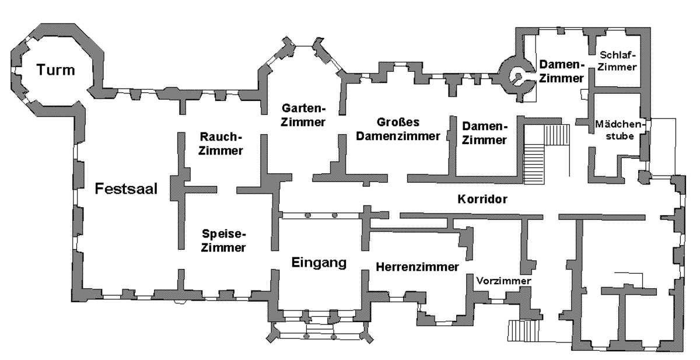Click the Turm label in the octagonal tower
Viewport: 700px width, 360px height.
[56, 69]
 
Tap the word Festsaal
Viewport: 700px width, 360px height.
[126, 188]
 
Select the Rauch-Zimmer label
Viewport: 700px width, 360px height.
[220, 144]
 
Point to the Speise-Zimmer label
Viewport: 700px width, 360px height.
[223, 240]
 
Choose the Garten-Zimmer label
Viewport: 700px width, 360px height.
[303, 115]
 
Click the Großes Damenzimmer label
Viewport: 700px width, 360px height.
[398, 129]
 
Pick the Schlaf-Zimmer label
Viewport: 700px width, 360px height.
[617, 61]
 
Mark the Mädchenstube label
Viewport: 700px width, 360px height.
[620, 130]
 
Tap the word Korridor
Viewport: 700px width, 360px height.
[482, 199]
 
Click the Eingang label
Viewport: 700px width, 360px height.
[319, 263]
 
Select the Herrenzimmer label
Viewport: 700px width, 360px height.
[417, 267]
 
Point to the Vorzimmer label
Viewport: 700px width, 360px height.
[503, 281]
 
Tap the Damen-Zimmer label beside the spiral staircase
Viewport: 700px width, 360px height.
[562, 72]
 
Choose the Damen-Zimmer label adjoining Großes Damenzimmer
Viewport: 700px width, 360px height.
[484, 133]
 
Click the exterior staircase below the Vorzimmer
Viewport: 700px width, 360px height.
[523, 330]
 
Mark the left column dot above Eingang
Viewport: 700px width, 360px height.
[308, 215]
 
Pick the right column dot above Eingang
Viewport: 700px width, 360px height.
[334, 215]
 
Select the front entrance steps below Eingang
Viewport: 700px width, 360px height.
[320, 328]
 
